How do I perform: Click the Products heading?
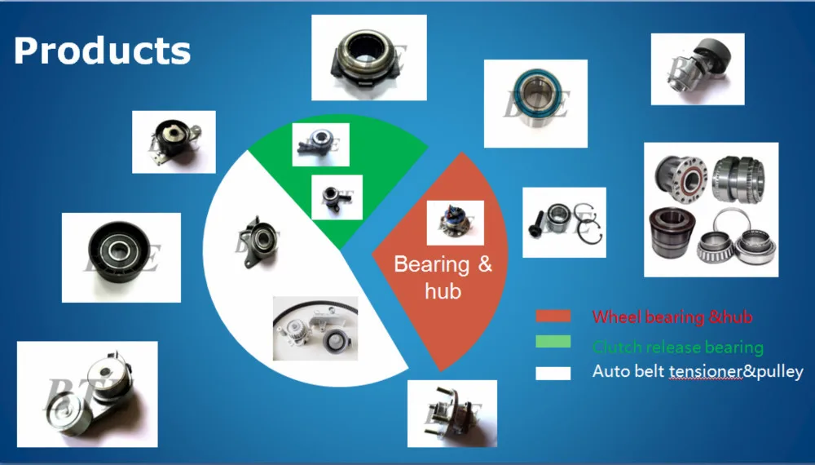[x=102, y=51]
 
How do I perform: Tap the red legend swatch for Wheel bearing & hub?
[x=553, y=317]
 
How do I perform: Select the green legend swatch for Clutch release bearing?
[x=553, y=343]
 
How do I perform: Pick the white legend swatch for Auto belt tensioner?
[x=553, y=373]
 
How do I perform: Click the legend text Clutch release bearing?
[x=677, y=347]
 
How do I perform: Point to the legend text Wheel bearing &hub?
[x=672, y=317]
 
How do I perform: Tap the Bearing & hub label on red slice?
[x=443, y=277]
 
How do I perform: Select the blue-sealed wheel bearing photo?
[x=535, y=103]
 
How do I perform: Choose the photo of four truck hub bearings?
[x=711, y=210]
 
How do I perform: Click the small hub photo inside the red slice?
[x=455, y=223]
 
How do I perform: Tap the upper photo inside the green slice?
[x=320, y=144]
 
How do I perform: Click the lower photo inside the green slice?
[x=337, y=197]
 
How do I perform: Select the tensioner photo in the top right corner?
[x=697, y=69]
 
